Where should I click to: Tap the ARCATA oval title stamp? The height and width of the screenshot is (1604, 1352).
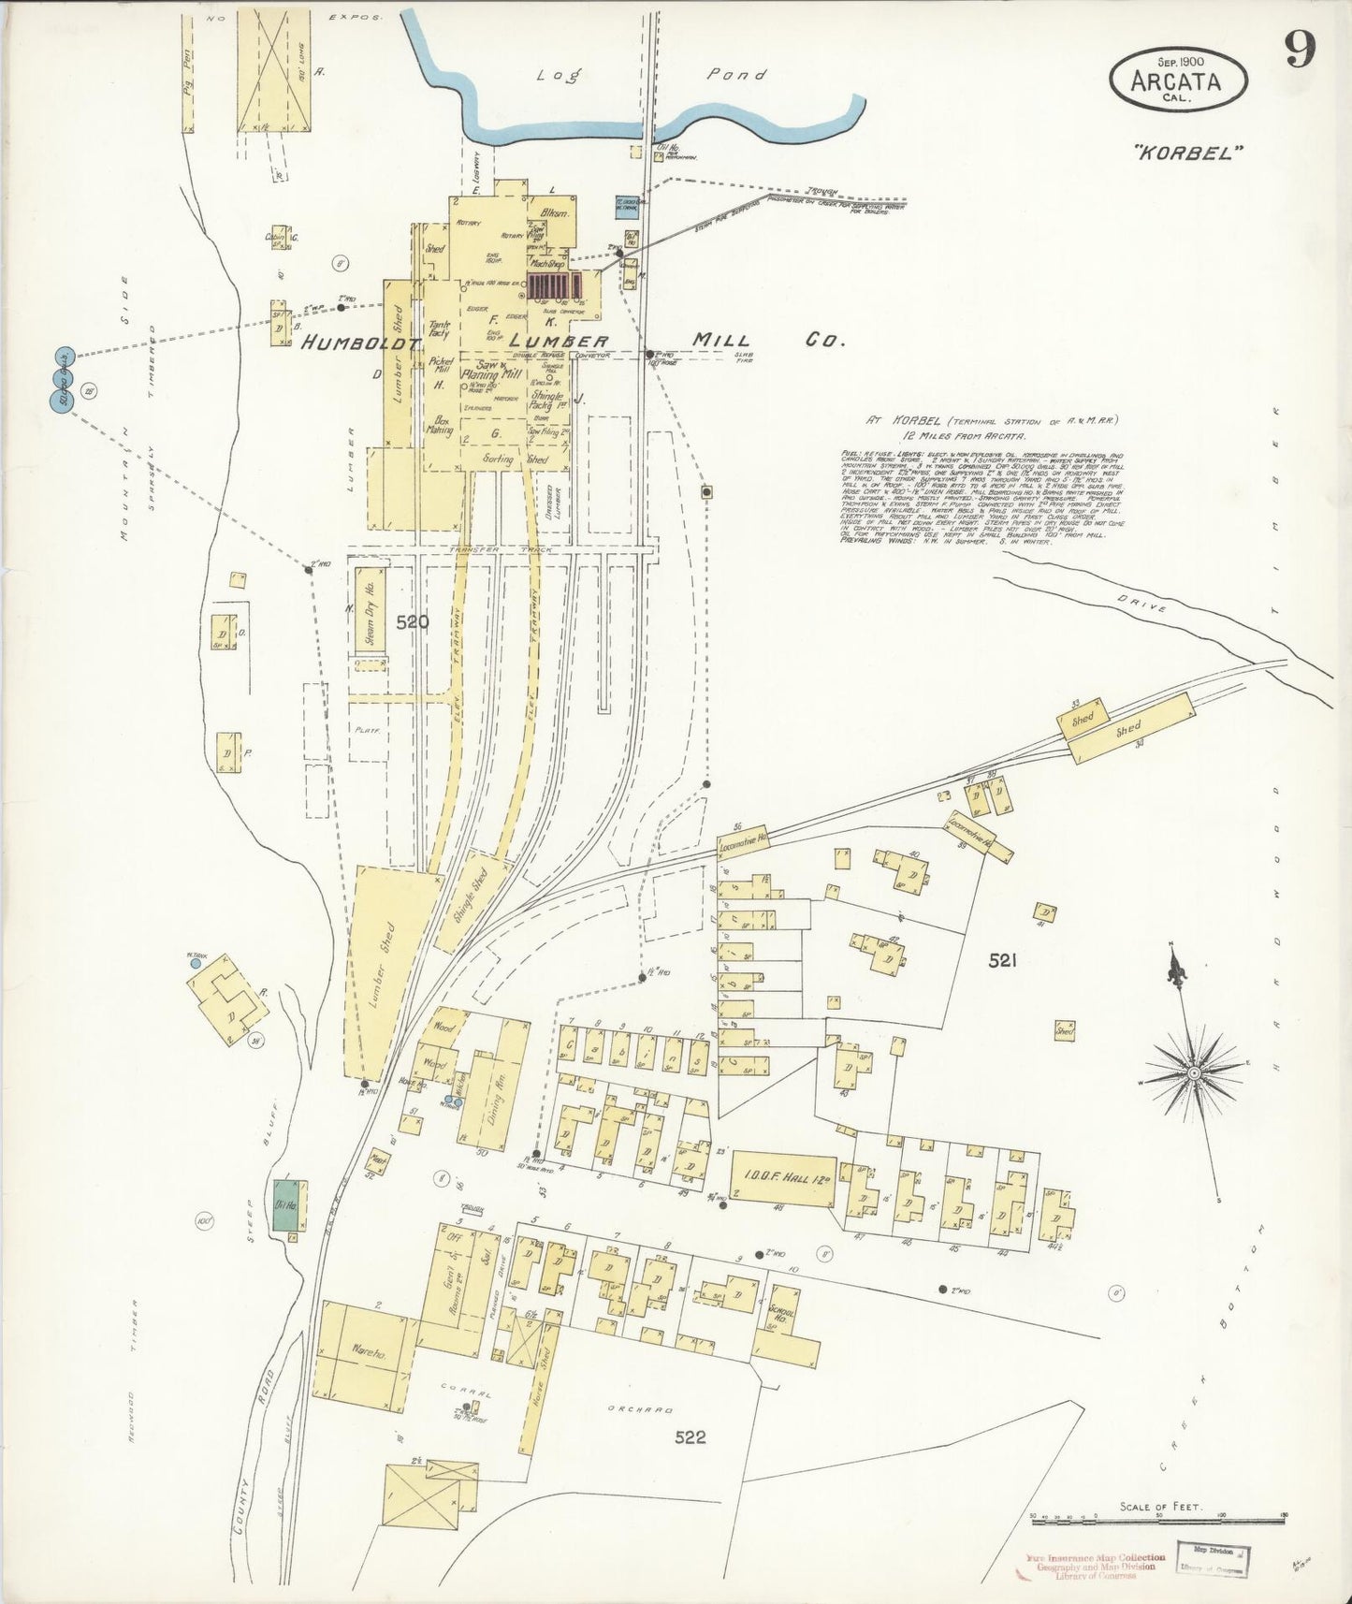click(x=1178, y=80)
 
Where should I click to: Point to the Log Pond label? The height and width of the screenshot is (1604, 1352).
click(x=646, y=75)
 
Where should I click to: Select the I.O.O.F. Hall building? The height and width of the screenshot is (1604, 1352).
click(x=782, y=1178)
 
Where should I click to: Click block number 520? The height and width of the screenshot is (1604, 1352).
click(x=412, y=621)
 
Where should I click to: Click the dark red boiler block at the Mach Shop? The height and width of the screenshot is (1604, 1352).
click(x=552, y=286)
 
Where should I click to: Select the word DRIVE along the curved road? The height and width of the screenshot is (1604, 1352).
click(x=1141, y=605)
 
